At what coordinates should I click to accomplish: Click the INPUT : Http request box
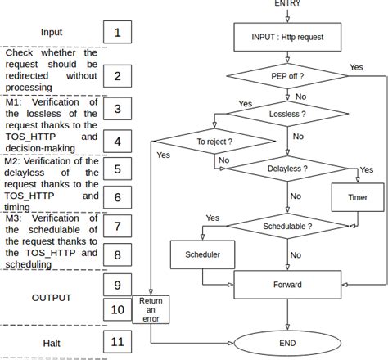pos(287,37)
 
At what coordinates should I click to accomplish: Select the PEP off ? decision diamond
pos(287,76)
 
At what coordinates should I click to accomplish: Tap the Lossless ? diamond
pos(287,115)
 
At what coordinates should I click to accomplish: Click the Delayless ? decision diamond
pos(287,168)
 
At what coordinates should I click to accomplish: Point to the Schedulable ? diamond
pos(287,224)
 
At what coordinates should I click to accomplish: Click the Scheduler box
pos(202,254)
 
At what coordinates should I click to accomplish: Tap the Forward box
pos(287,285)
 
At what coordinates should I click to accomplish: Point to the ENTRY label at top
pos(287,4)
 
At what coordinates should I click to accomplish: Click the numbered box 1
pos(118,33)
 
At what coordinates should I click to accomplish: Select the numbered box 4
pos(118,141)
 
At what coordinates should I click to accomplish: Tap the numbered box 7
pos(118,226)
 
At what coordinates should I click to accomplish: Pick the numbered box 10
pos(118,310)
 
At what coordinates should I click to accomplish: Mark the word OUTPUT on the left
pos(52,297)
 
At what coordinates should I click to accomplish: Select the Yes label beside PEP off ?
pos(356,66)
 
